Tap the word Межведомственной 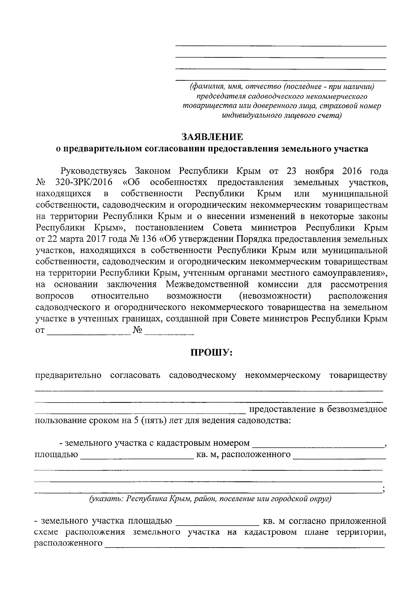207,285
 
